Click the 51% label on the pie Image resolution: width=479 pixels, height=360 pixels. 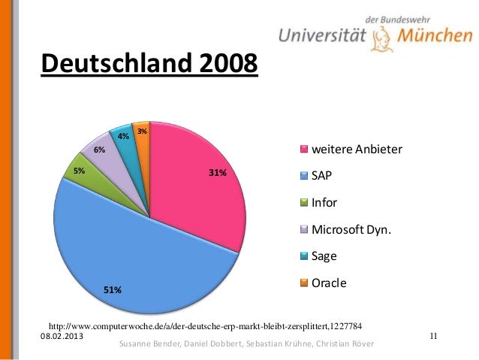(113, 289)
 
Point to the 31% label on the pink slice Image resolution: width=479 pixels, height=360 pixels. (218, 173)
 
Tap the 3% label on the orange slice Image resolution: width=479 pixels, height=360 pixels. (142, 132)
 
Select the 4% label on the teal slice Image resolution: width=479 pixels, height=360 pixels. (123, 136)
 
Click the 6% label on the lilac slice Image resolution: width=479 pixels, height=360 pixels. (99, 150)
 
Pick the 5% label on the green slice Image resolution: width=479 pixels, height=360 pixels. (79, 171)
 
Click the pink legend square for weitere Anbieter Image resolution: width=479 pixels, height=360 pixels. (304, 150)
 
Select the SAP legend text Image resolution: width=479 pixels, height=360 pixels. (321, 176)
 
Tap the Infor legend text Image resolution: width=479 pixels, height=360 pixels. (324, 202)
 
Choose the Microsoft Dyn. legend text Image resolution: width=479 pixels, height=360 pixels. (351, 229)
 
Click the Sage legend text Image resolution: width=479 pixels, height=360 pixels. (324, 256)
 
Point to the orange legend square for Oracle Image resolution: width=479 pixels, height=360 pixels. (304, 283)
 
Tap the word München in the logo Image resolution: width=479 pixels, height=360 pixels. (435, 35)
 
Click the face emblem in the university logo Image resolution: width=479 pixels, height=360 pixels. (381, 39)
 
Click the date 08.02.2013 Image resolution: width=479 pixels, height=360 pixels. (62, 336)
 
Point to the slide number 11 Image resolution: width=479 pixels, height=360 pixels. (433, 336)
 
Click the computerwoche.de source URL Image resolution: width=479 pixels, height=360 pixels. (205, 326)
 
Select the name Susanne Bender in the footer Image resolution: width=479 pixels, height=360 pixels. (149, 343)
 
